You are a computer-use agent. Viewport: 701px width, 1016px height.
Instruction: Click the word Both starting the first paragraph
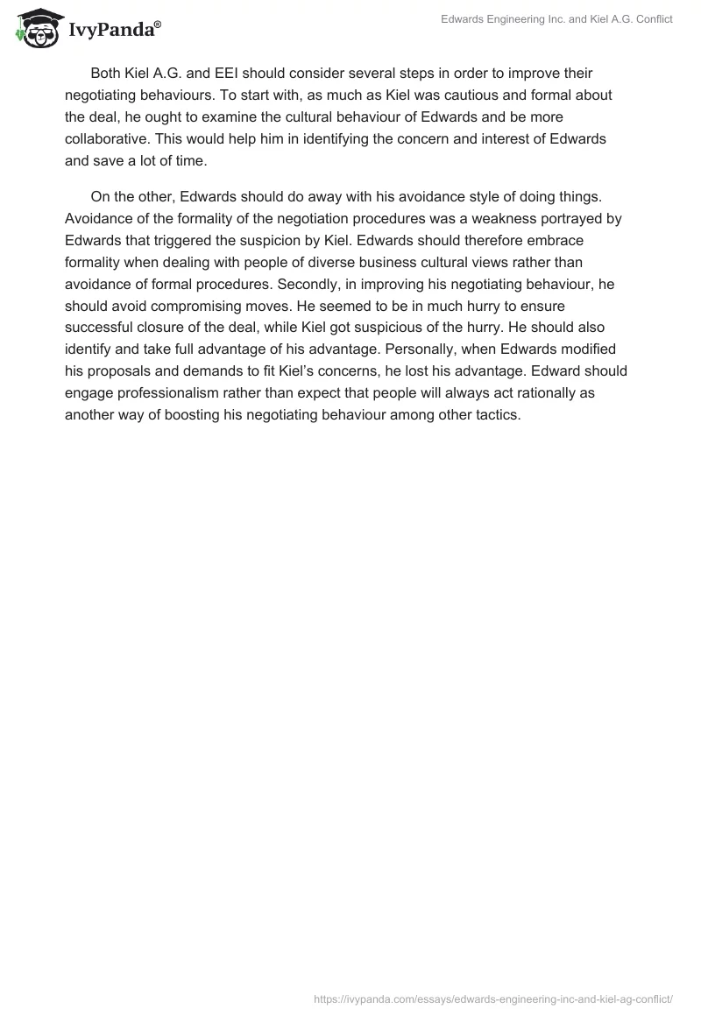tap(108, 73)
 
